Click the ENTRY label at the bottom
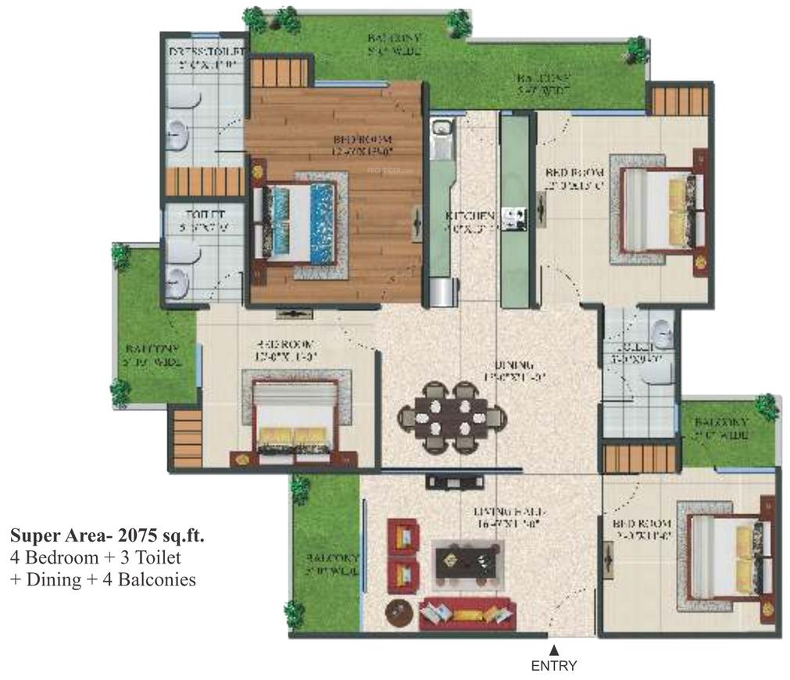[553, 666]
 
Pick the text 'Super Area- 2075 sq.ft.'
[107, 536]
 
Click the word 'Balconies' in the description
[157, 579]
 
